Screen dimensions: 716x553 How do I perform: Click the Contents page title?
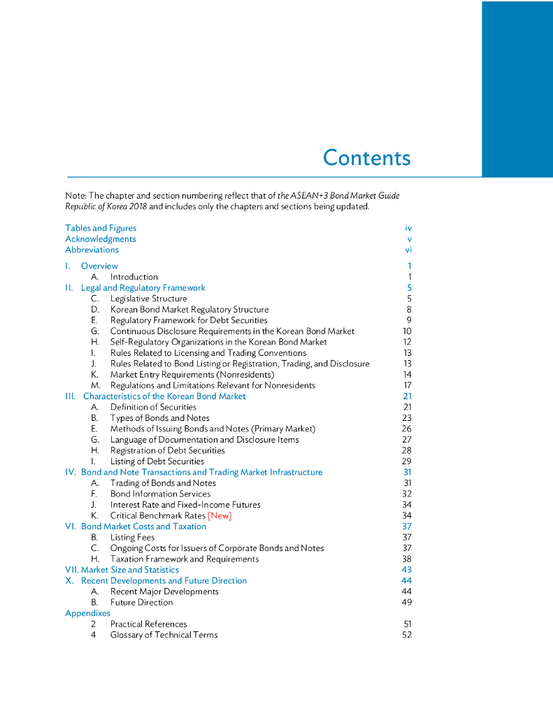(366, 157)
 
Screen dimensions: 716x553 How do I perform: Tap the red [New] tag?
(220, 516)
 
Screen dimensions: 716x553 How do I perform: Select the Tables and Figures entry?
(101, 228)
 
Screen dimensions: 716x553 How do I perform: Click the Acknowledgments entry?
(101, 239)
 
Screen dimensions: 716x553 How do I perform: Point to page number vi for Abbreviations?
(408, 250)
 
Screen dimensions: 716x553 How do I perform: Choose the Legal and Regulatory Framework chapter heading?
(143, 287)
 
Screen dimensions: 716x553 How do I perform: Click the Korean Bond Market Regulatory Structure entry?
(189, 309)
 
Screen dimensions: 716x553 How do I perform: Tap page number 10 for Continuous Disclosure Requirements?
(407, 331)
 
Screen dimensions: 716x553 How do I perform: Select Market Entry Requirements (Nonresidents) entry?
(192, 374)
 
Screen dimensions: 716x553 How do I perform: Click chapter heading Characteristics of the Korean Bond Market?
(164, 396)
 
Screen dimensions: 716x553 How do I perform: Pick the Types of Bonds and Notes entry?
(159, 417)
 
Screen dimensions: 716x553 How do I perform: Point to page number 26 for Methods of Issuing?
(406, 429)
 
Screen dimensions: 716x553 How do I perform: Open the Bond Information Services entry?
(160, 494)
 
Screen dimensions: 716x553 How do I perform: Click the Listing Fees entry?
(132, 537)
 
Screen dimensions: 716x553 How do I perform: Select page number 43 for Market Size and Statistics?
(407, 570)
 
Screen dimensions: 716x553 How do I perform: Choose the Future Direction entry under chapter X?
(141, 602)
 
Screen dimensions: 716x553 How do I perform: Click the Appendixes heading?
(87, 613)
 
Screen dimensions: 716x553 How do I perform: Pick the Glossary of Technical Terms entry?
(164, 635)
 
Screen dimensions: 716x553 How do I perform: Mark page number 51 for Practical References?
(407, 624)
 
